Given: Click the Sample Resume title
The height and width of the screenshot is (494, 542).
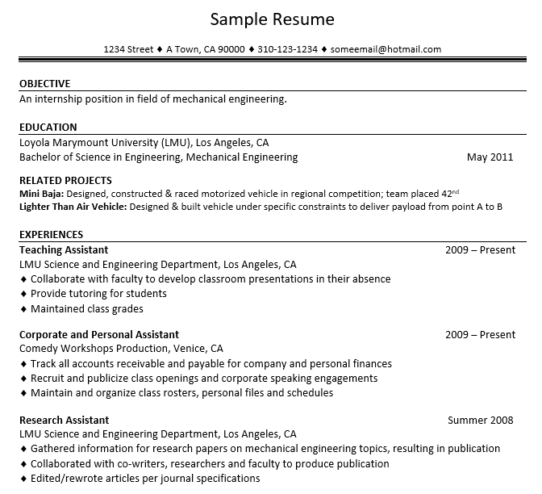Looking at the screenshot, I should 271,19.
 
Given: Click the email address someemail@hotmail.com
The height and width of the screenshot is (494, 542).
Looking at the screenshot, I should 386,49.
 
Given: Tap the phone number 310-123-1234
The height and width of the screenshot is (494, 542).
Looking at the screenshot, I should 287,49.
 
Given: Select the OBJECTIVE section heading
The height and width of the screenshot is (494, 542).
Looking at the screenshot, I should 44,84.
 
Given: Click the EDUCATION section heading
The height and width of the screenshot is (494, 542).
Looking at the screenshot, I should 48,128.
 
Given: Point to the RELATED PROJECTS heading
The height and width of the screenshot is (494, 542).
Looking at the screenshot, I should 65,181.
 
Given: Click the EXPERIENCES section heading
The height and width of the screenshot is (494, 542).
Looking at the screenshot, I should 51,235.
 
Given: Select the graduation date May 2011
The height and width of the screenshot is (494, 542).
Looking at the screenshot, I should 490,157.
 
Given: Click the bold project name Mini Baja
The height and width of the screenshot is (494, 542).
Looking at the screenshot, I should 40,195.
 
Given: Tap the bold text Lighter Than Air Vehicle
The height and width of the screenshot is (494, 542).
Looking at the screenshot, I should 72,207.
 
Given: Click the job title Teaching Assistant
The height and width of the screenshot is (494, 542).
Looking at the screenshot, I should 64,250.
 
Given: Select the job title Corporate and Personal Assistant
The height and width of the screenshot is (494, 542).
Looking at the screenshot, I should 99,335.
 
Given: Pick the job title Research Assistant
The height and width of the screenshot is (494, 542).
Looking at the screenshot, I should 64,421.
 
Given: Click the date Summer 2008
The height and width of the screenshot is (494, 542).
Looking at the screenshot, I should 481,421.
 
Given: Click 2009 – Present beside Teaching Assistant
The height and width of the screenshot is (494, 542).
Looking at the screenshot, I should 480,250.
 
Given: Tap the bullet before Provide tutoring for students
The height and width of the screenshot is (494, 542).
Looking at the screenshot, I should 23,294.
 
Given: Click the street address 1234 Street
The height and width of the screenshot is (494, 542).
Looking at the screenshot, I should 128,49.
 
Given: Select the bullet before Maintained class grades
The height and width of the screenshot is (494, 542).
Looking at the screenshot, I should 23,309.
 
